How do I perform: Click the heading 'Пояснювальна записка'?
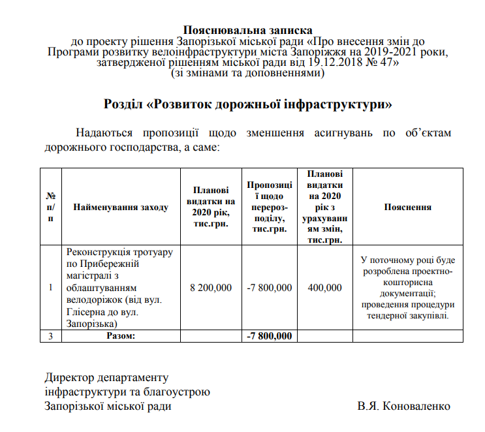pos(248,29)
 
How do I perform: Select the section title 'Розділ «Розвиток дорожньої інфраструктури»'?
pos(248,104)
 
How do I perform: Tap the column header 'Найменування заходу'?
pos(121,207)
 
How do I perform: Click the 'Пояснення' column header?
pos(408,207)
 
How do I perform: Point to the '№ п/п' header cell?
pos(51,207)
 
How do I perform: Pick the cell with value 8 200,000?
pos(210,287)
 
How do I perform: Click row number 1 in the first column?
pos(51,287)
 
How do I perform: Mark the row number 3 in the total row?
pos(51,336)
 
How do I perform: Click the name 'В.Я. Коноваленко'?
pos(404,406)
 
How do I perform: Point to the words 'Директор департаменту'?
pos(106,378)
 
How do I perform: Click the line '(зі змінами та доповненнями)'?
pos(248,74)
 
